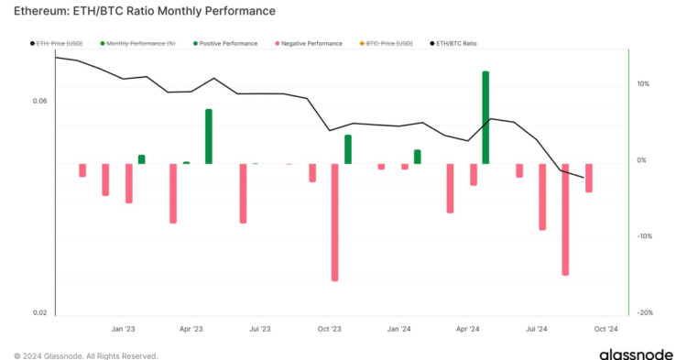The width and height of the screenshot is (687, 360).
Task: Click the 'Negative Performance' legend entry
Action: click(308, 43)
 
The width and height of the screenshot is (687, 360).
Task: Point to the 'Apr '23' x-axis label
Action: click(191, 329)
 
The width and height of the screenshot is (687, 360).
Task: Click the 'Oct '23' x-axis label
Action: click(330, 329)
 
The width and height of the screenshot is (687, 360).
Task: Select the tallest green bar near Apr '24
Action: click(485, 117)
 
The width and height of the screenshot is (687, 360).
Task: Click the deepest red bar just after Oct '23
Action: click(335, 222)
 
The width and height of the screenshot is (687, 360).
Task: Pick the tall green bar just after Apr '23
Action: click(209, 136)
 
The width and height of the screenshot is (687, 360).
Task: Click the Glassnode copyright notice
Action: click(85, 355)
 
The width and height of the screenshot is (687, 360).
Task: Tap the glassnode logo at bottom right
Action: click(638, 353)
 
